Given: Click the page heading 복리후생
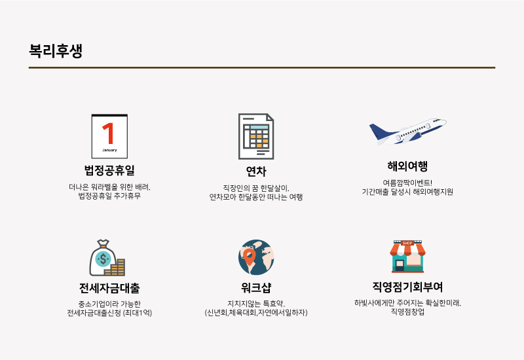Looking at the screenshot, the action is (x=56, y=51).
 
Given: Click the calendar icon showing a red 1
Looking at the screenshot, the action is (x=109, y=136).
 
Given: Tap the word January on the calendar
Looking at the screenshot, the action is (x=109, y=150).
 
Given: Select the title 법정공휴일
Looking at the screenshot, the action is (x=109, y=170).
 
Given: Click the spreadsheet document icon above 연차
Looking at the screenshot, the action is (x=256, y=136).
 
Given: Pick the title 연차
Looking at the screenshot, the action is (x=256, y=171).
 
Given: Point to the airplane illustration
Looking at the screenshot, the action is (x=407, y=132).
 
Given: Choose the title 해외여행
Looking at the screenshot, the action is (x=407, y=166).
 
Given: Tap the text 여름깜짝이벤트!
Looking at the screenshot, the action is (x=407, y=183).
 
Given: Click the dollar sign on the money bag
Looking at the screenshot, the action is (x=103, y=259).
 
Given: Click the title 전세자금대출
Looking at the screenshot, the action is (x=109, y=288).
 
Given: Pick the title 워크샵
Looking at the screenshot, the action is (x=256, y=287).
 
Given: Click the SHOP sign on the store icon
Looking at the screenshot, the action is (x=407, y=243).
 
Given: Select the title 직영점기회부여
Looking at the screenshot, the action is (x=407, y=287).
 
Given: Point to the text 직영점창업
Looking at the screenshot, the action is (x=407, y=312).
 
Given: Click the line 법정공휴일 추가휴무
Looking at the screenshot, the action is (x=109, y=196).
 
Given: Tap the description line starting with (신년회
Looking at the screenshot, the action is (x=256, y=313).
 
